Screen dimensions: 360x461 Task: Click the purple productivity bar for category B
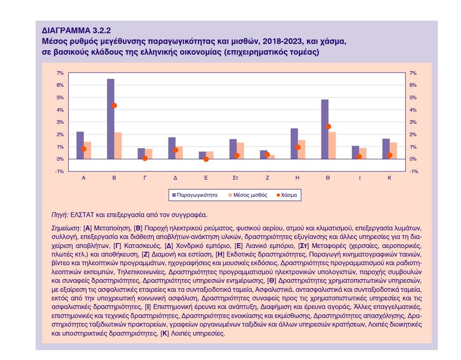pos(110,119)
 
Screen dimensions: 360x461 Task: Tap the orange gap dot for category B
pos(114,105)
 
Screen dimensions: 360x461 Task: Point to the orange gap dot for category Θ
pos(328,127)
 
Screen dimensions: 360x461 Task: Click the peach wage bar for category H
pos(302,149)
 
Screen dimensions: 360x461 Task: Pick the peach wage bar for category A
pos(87,150)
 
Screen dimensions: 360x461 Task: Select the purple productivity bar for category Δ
pos(172,148)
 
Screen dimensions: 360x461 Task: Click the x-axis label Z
pos(267,177)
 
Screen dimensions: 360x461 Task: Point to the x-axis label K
pos(390,177)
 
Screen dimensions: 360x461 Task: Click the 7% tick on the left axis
pos(60,73)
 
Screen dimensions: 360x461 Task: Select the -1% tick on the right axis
pos(413,171)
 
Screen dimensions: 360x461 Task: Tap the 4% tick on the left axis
pos(60,110)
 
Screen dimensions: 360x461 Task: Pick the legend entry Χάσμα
pos(288,195)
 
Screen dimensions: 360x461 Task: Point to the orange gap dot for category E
pos(206,159)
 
